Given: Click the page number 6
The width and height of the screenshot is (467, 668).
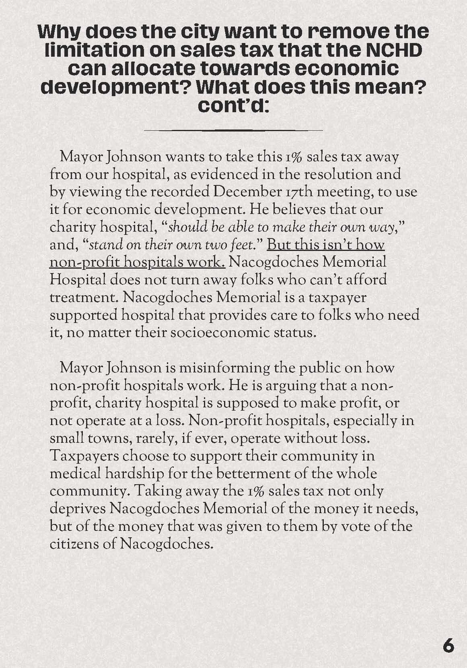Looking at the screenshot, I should pos(448,646).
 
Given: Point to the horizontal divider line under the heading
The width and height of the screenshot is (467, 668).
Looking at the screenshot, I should pos(233,130).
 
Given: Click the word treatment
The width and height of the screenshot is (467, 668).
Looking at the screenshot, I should pos(83,298).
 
